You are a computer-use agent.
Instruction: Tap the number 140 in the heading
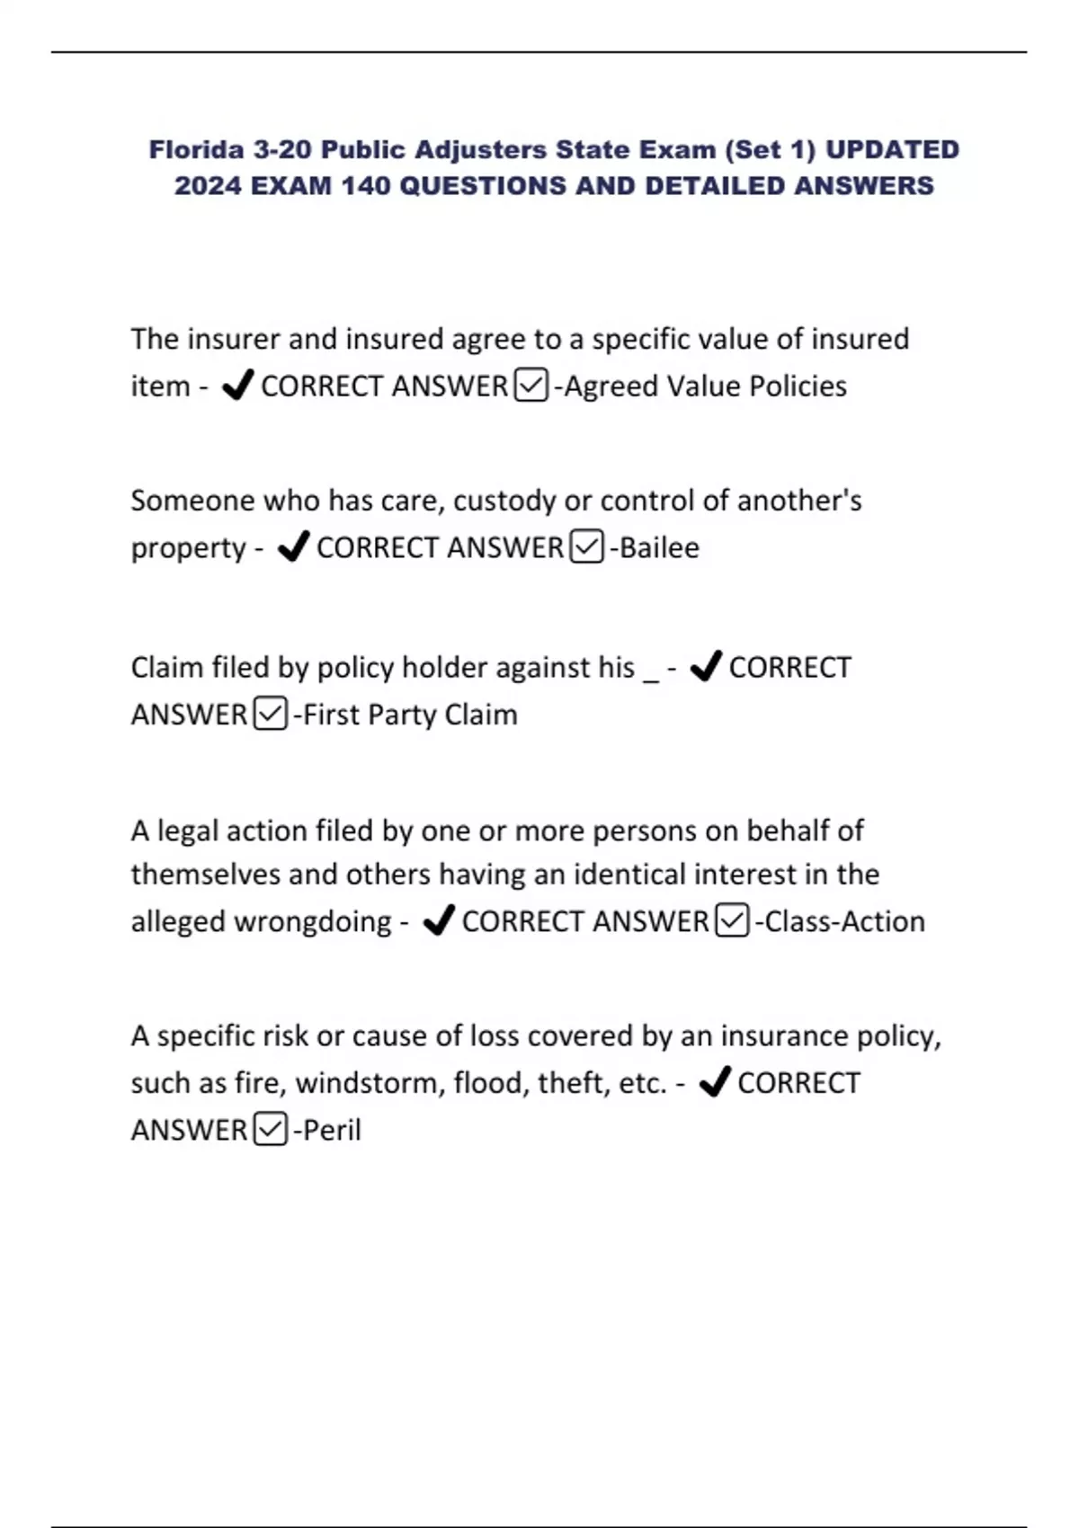pyautogui.click(x=365, y=186)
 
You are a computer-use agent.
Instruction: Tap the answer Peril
pyautogui.click(x=332, y=1131)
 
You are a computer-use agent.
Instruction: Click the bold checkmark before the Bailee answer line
pyautogui.click(x=293, y=546)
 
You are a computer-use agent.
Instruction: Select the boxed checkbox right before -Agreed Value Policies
pyautogui.click(x=531, y=386)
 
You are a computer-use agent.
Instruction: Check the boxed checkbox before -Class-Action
pyautogui.click(x=732, y=921)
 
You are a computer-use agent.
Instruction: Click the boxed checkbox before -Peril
pyautogui.click(x=271, y=1130)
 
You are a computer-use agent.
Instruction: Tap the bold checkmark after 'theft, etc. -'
pyautogui.click(x=715, y=1082)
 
